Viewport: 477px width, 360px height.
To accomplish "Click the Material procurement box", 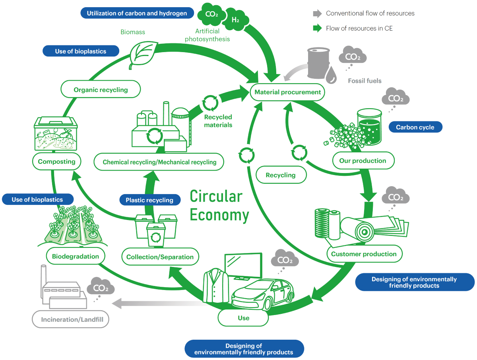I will (x=287, y=92).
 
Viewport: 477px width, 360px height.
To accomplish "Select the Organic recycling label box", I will (x=101, y=90).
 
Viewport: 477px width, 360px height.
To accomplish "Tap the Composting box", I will (x=56, y=162).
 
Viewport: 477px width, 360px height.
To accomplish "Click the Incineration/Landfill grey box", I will (x=70, y=319).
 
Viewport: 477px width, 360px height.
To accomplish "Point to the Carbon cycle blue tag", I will (x=415, y=127).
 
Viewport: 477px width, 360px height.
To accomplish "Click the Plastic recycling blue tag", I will (x=149, y=200).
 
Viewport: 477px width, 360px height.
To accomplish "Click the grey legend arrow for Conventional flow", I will (x=317, y=14).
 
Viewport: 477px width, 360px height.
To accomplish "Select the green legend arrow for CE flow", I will (x=317, y=28).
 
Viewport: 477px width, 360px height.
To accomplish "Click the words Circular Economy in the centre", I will (x=219, y=206).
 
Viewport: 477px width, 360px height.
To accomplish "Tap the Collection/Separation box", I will (x=160, y=257).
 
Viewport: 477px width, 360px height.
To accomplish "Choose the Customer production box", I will (x=364, y=254).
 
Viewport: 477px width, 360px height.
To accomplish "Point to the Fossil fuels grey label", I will (x=365, y=81).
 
